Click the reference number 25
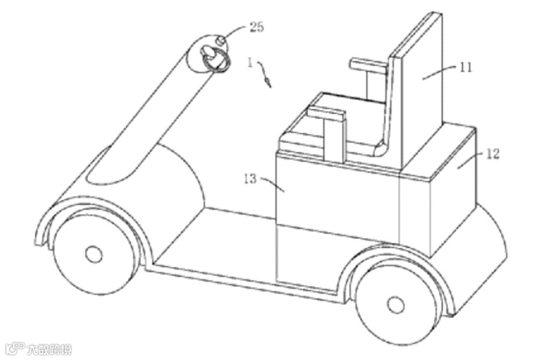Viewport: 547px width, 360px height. click(x=256, y=28)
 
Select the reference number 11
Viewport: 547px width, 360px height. click(x=466, y=67)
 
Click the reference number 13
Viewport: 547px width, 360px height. click(x=249, y=179)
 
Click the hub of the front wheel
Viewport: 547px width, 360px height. click(x=93, y=254)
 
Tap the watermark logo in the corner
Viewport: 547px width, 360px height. click(x=38, y=349)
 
